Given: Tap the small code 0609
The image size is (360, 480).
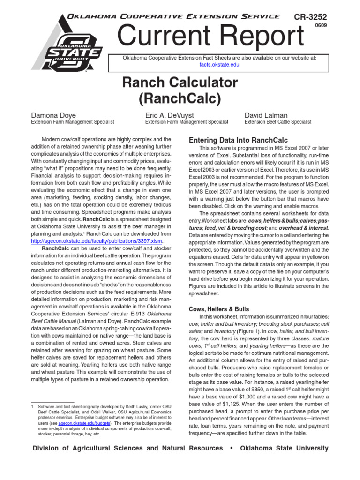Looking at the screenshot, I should pos(321,26).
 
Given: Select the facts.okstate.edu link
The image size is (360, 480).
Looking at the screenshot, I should pos(219,65).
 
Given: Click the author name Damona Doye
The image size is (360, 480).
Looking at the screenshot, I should pos(53,115).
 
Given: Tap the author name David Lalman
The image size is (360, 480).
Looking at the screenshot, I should pos(266,115).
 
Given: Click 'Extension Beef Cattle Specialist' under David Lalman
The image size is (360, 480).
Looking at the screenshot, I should pos(278,122).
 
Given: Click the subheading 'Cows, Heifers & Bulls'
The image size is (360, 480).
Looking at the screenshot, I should pos(219,309).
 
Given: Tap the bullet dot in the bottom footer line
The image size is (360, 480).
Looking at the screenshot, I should pos(231,449).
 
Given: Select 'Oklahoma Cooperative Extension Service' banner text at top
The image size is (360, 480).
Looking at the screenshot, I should pos(174,16).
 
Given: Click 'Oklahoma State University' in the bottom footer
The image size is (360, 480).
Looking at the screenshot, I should pos(284,449).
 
